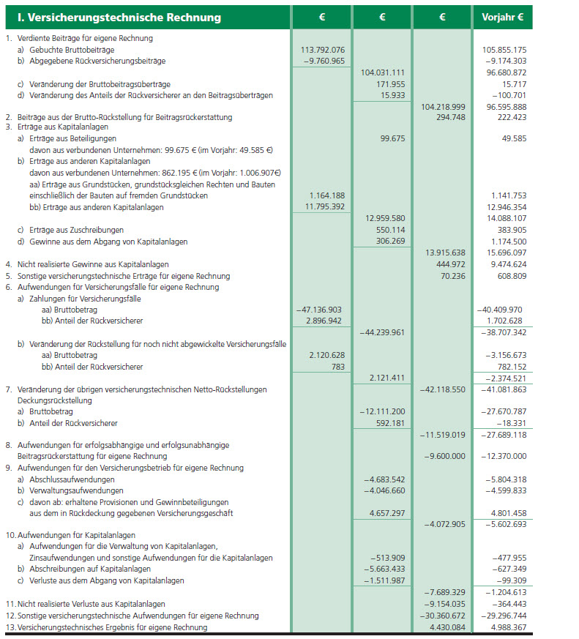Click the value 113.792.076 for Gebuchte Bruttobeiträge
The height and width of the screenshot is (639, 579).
323,49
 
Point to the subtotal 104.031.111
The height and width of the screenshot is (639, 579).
384,72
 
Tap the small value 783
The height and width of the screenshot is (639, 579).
337,367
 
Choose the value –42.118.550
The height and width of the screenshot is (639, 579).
443,389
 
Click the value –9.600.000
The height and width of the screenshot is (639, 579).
445,456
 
